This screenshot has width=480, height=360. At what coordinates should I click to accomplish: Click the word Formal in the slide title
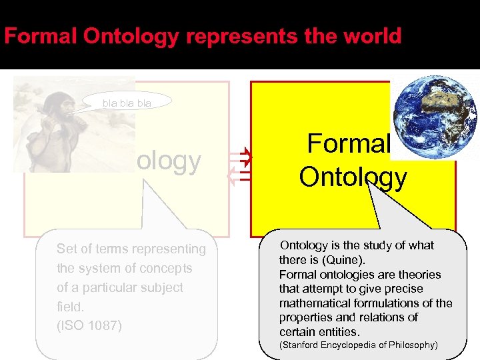pyautogui.click(x=41, y=36)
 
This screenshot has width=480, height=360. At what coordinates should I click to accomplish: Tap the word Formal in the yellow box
pyautogui.click(x=348, y=145)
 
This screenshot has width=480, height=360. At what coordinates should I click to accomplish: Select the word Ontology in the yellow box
pyautogui.click(x=353, y=177)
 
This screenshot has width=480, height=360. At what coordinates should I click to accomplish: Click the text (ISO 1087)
pyautogui.click(x=89, y=326)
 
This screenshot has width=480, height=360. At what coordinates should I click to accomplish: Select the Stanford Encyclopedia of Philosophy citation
pyautogui.click(x=359, y=345)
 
